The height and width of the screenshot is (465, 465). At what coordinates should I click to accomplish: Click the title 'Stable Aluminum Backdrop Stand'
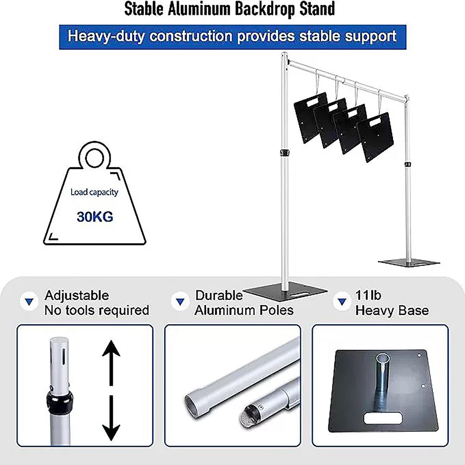(230, 9)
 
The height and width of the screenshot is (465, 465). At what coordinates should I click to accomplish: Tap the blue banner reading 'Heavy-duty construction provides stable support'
(232, 37)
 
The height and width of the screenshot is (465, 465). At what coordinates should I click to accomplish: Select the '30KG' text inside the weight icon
(95, 217)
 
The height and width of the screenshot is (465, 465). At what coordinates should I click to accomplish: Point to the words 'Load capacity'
(94, 192)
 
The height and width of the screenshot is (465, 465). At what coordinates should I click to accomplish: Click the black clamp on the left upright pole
(285, 153)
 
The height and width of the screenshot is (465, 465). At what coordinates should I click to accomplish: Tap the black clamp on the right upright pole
(408, 164)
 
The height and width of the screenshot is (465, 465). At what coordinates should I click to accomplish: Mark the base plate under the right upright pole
(409, 262)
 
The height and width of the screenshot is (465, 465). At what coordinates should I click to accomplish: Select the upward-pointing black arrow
(111, 363)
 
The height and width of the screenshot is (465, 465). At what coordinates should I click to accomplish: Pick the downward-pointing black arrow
(111, 418)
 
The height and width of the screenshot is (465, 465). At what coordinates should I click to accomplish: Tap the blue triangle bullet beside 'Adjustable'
(29, 302)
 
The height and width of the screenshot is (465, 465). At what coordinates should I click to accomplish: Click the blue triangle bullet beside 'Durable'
(180, 302)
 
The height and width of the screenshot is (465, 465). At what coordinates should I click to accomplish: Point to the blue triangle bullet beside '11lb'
(342, 302)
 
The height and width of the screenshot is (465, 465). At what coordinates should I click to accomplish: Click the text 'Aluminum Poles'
(244, 311)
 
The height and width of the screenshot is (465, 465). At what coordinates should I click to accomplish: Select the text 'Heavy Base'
(392, 311)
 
